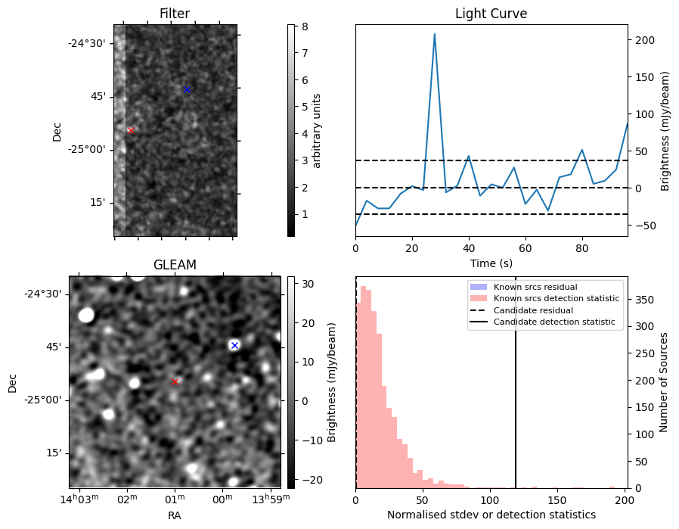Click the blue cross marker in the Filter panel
coord(187,89)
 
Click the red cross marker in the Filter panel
coord(130,130)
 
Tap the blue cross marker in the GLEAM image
coord(234,345)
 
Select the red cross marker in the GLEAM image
coord(175,381)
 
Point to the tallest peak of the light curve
coord(435,34)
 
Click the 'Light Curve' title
coord(491,14)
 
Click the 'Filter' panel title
coord(175,14)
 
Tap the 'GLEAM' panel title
coord(175,265)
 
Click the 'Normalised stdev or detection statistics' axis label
coord(491,515)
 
